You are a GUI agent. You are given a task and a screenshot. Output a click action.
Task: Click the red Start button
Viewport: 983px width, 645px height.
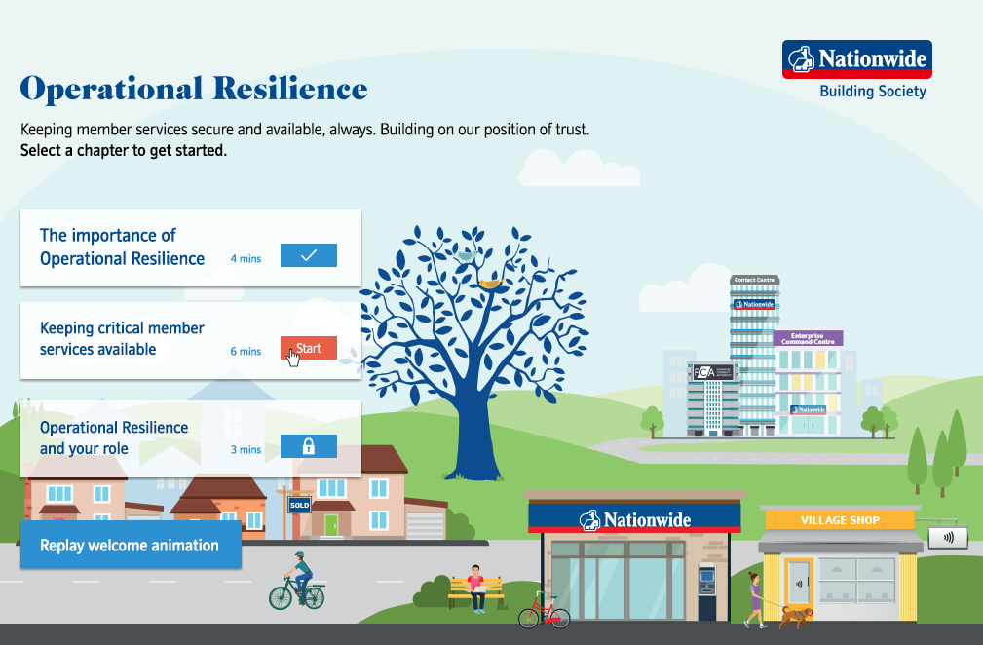[x=309, y=348]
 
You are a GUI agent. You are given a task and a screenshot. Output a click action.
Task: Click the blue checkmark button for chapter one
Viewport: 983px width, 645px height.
[x=309, y=255]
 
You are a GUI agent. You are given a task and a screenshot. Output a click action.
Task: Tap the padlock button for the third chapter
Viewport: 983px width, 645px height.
[x=309, y=446]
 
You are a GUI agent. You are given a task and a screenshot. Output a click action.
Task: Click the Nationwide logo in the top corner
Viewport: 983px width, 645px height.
[x=856, y=59]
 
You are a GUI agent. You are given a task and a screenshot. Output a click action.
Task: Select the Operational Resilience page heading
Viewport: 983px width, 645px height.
[x=194, y=89]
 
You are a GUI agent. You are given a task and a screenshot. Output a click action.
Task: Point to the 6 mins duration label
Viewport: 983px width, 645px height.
[x=246, y=351]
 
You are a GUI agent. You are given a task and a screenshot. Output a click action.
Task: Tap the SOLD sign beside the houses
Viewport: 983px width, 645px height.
[x=299, y=505]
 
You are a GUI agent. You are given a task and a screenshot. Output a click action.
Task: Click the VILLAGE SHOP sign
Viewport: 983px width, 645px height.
[x=839, y=520]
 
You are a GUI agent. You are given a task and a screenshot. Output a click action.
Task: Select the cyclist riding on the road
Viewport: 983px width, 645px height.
[x=298, y=583]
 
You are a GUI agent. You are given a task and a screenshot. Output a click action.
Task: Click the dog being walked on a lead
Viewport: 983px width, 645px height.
[x=796, y=616]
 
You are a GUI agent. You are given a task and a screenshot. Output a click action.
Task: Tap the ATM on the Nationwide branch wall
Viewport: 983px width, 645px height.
[x=706, y=581]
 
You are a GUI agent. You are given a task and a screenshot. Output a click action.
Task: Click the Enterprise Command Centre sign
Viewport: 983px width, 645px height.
[x=808, y=338]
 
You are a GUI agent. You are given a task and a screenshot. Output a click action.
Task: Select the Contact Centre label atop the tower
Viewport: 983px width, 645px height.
[x=754, y=280]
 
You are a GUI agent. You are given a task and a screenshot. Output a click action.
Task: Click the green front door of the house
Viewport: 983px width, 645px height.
[x=331, y=525]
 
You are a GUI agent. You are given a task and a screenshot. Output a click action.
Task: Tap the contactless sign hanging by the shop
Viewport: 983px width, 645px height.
[x=948, y=537]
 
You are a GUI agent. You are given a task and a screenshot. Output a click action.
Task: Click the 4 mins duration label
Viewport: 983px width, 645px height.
[x=246, y=259]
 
